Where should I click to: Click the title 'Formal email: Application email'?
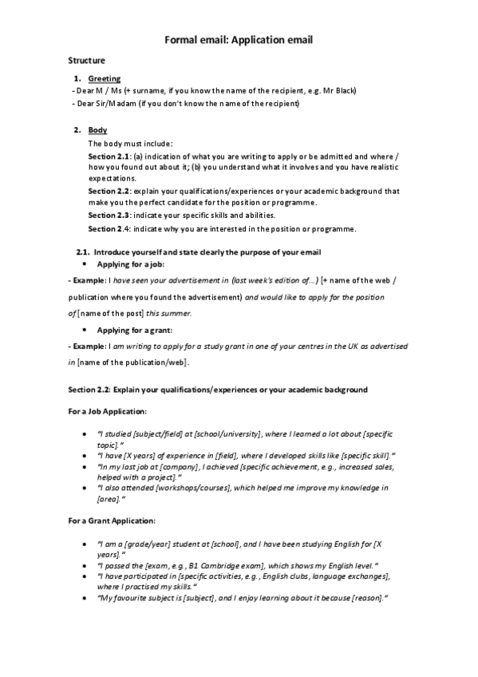tap(239, 38)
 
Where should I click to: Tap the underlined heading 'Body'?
tap(97, 130)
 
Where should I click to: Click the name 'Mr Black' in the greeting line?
tap(341, 91)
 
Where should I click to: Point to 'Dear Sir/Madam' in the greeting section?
tap(102, 104)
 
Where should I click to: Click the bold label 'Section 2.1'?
tap(109, 156)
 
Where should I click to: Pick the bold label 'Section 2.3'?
tap(109, 216)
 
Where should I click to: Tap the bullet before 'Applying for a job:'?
tap(85, 263)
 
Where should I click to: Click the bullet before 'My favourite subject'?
tap(85, 597)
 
